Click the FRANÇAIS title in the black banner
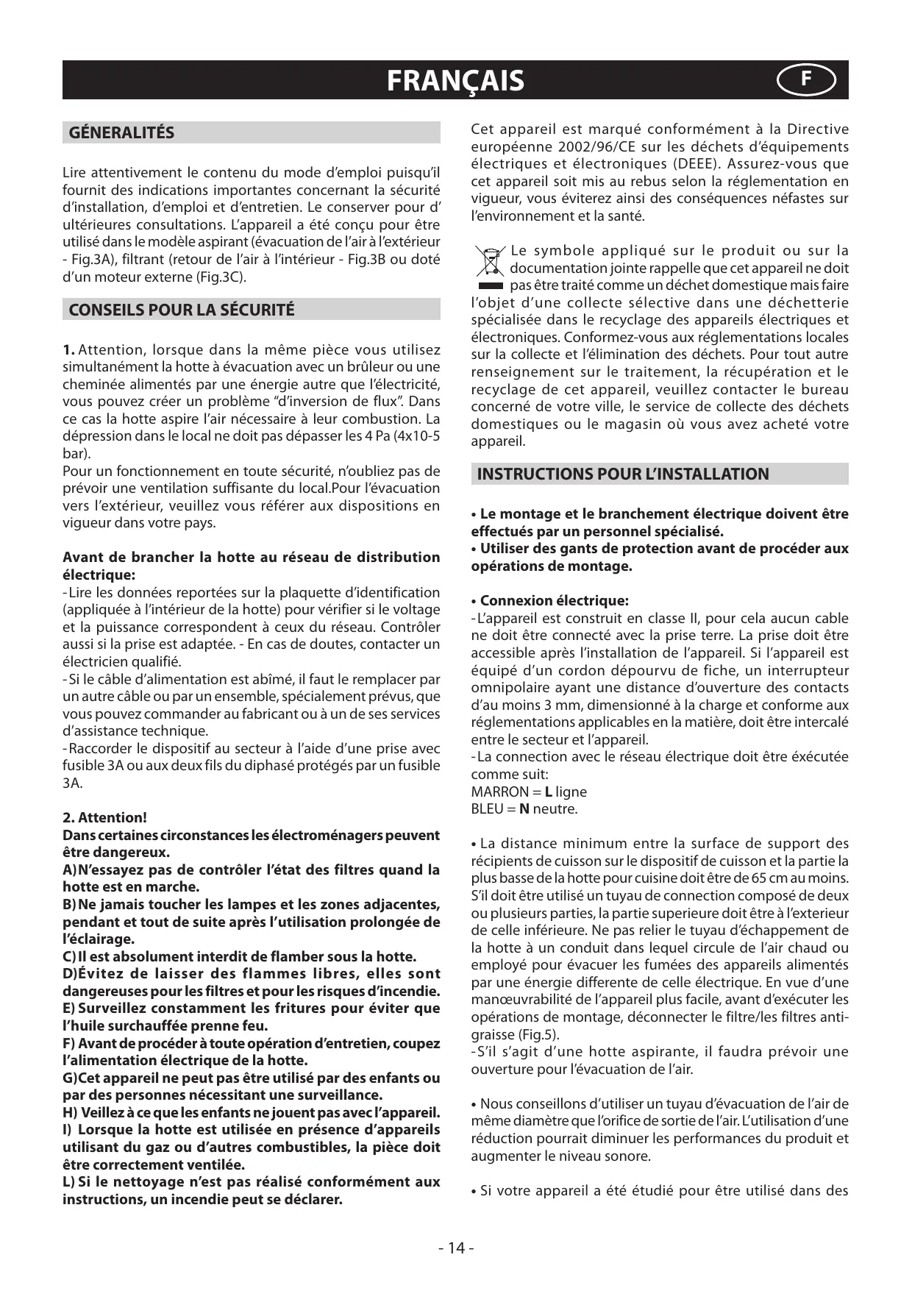[455, 80]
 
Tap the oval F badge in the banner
[806, 79]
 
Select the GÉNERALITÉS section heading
[121, 132]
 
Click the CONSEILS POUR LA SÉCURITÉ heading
[181, 310]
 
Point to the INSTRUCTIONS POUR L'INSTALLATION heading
[622, 474]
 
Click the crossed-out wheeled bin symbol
[488, 261]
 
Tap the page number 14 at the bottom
[456, 1248]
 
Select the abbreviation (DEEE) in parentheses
[680, 163]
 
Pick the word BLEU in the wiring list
[488, 809]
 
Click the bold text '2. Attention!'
[104, 817]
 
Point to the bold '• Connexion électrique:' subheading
[550, 600]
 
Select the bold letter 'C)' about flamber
[70, 956]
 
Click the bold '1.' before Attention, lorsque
[68, 349]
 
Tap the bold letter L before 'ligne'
[549, 792]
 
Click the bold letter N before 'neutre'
[524, 809]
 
